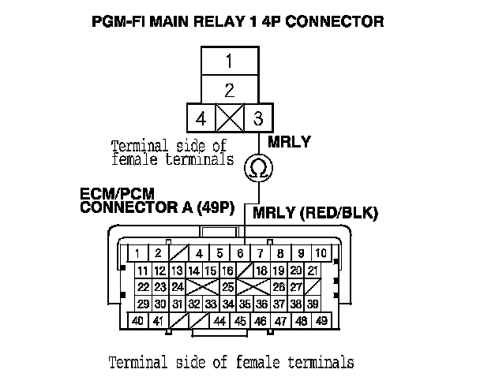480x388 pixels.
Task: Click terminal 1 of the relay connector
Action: tap(228, 61)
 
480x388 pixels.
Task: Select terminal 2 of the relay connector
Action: tap(228, 89)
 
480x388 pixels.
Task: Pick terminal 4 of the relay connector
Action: tap(201, 119)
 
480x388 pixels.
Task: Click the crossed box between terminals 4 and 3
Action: tap(228, 119)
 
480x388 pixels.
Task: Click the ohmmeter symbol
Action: tap(257, 166)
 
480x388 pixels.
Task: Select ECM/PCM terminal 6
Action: tap(239, 253)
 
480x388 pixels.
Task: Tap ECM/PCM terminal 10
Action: tap(321, 253)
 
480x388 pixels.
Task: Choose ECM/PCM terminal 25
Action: tap(228, 286)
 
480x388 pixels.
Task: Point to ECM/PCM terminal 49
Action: tap(321, 321)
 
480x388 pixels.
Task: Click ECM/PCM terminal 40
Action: tap(137, 321)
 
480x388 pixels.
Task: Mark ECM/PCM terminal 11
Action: tap(142, 270)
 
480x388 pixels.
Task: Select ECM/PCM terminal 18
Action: tap(261, 270)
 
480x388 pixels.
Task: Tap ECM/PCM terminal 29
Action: tap(143, 304)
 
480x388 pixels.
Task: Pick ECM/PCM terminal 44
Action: tap(219, 321)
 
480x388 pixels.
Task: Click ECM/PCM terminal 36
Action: tap(262, 304)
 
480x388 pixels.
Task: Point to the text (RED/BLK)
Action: tap(348, 214)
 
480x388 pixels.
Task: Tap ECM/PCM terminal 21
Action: tap(313, 270)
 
